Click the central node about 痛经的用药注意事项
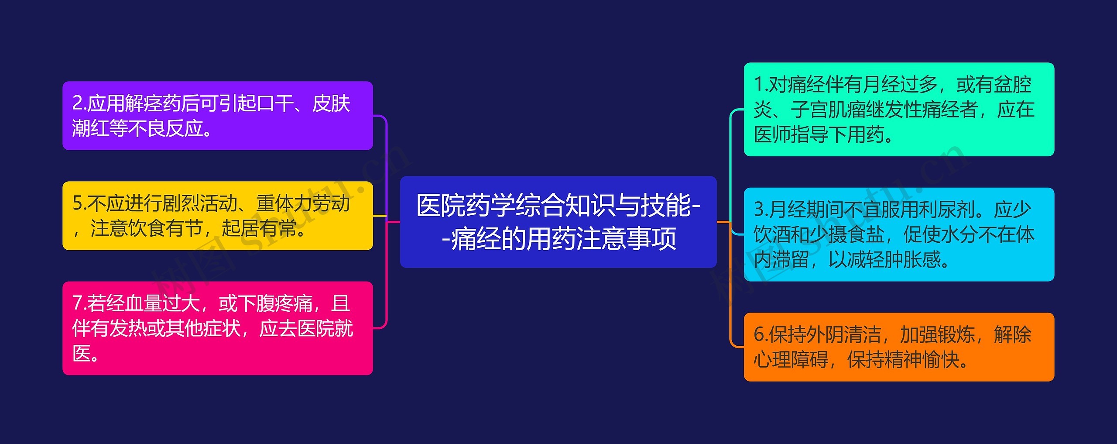point(558,222)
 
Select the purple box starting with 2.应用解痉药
point(217,116)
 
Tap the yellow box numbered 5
point(217,216)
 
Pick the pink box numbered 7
point(217,328)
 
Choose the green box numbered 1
point(899,109)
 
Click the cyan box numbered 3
point(899,234)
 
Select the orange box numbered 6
point(899,347)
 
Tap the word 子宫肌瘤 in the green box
point(828,110)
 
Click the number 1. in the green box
point(761,85)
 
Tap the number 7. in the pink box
point(79,303)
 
